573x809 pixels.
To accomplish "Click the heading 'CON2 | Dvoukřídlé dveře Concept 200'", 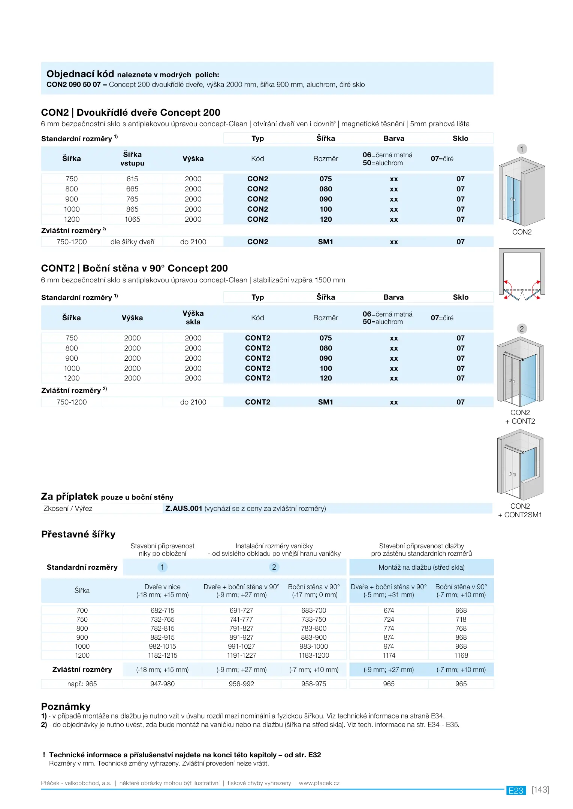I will [130, 112].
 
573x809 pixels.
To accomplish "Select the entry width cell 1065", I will [132, 219].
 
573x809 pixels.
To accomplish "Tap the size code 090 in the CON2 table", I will [326, 199].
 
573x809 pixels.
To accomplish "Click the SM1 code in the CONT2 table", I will [326, 402].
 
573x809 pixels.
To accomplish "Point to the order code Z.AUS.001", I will [184, 508].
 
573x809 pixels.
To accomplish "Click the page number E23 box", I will [516, 790].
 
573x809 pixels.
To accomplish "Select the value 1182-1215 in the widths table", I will [162, 655].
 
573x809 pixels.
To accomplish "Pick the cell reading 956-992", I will [241, 684].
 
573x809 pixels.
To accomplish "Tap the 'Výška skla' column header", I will [193, 318].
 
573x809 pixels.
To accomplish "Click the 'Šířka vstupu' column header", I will [132, 159].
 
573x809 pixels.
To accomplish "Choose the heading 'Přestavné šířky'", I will [78, 534].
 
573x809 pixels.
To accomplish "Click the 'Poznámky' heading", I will [66, 706].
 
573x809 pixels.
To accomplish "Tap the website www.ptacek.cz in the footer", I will [319, 783].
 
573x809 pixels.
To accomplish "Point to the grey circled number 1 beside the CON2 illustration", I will [522, 149].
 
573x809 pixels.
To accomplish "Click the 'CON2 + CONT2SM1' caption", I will [520, 510].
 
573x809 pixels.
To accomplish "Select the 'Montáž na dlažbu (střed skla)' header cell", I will [421, 567].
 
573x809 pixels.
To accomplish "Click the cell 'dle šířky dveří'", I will [132, 242].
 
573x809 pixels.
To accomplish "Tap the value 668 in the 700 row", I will [461, 610].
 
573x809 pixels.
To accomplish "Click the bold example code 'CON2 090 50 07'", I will [73, 85].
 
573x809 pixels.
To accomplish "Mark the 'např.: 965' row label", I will [82, 684].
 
